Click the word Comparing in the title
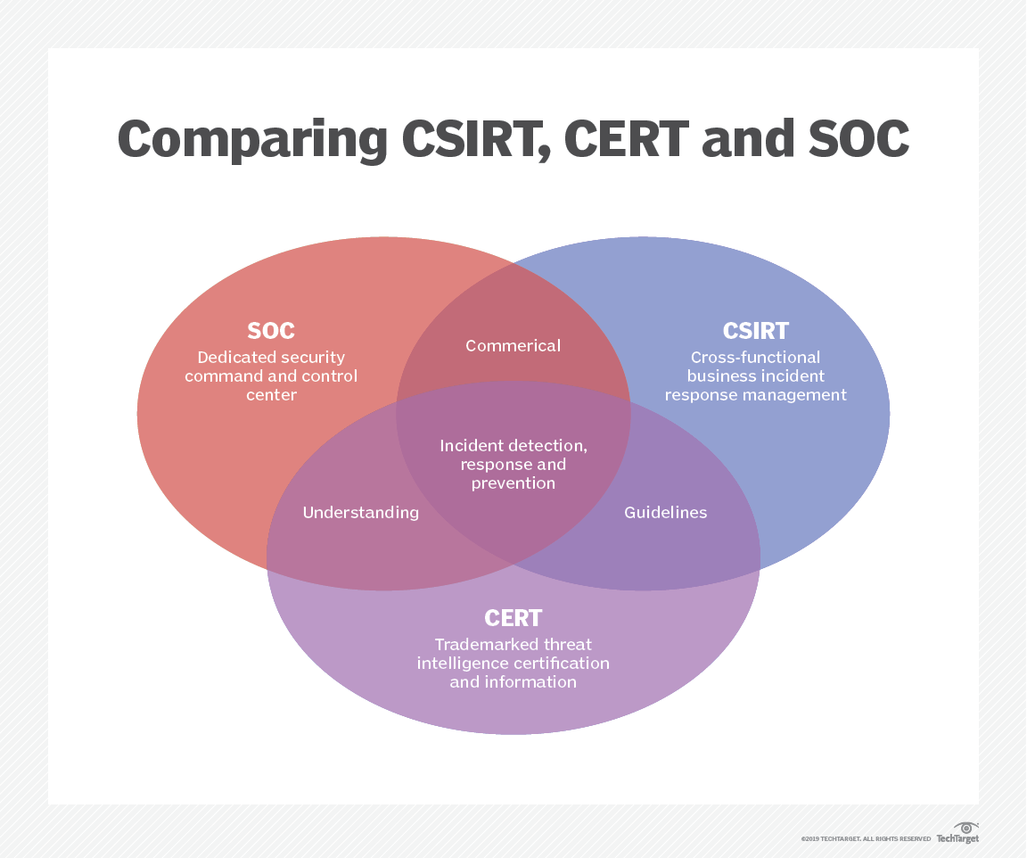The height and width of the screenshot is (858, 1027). point(251,140)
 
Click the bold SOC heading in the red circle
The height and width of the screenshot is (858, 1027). point(271,331)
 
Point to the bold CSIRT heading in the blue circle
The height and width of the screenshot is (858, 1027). point(756,331)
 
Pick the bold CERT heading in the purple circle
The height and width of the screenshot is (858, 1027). point(513,617)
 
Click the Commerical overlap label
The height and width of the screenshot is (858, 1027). point(513,345)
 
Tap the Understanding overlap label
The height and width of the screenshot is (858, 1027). point(360,512)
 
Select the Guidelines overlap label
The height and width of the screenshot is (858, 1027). point(665,512)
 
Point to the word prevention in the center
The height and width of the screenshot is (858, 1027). point(513,483)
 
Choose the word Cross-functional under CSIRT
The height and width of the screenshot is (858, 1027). point(755,357)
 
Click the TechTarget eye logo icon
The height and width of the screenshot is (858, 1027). point(965,828)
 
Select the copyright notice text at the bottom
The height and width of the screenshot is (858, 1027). point(865,839)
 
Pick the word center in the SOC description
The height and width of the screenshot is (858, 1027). point(271,394)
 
